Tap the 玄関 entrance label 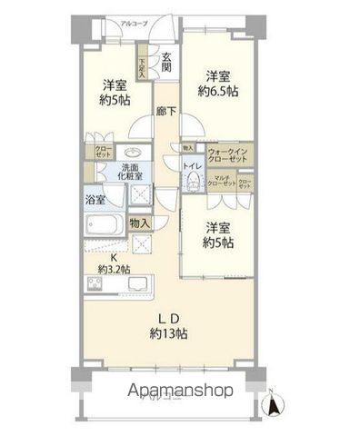point(166,63)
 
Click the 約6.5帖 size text point(219,93)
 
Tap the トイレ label point(192,167)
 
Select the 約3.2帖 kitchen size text point(115,268)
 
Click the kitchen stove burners point(98,286)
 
